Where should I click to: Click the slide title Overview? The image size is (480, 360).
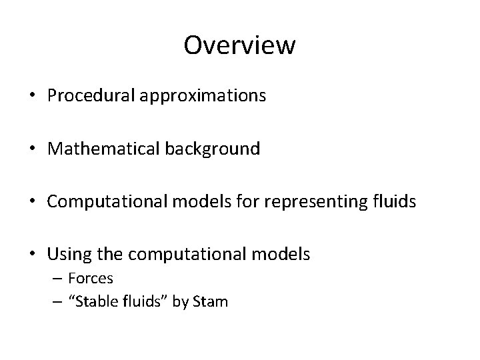pyautogui.click(x=239, y=45)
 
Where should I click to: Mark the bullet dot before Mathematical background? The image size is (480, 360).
pyautogui.click(x=32, y=149)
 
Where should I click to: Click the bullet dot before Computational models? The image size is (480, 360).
pyautogui.click(x=32, y=201)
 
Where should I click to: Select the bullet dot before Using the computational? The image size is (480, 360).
pyautogui.click(x=32, y=254)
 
